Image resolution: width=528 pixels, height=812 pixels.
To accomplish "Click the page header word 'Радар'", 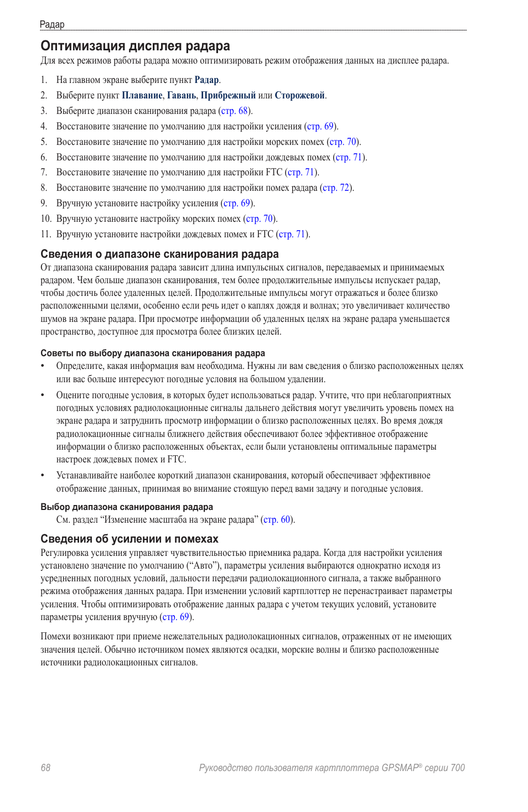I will click(x=52, y=24).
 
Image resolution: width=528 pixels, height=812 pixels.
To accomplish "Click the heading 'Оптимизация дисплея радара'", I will click(x=135, y=46).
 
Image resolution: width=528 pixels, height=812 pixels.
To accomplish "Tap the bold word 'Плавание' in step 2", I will click(x=142, y=95).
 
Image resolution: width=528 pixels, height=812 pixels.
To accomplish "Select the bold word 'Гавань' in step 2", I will click(x=182, y=95).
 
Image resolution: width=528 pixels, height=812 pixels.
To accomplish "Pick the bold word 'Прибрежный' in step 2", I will click(x=228, y=95).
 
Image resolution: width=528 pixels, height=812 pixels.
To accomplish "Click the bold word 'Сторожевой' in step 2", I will click(x=299, y=95).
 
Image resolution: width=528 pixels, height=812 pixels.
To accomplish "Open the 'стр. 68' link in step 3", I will click(x=235, y=111).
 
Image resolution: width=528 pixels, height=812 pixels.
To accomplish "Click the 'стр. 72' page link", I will click(x=336, y=188).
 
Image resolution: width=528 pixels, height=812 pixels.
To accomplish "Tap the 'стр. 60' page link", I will click(x=277, y=519).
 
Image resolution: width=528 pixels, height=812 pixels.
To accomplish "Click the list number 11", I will click(x=45, y=234).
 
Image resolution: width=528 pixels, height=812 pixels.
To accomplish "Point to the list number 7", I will click(x=44, y=172).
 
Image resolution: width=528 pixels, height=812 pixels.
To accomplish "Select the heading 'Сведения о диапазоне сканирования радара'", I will click(x=159, y=254).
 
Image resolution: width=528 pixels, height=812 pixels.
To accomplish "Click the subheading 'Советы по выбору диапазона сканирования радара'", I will click(x=153, y=353).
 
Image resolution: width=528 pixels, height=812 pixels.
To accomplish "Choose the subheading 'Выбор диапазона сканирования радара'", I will click(x=127, y=507).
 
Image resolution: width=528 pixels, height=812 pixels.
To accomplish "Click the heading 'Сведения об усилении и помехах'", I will click(x=130, y=539).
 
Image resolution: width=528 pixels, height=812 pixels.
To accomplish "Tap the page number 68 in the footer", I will click(x=45, y=767).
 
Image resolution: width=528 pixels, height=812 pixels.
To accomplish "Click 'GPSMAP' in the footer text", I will click(x=400, y=767).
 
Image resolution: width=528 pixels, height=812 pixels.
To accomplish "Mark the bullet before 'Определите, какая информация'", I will click(x=43, y=366).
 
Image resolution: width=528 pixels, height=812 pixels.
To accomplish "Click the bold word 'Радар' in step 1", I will click(x=206, y=80).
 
